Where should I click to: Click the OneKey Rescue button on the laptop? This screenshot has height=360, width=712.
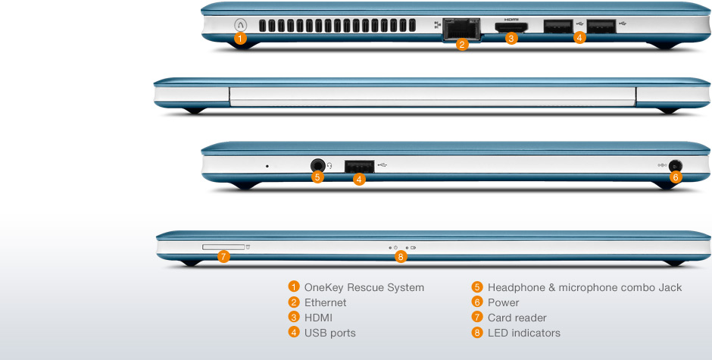click(x=240, y=24)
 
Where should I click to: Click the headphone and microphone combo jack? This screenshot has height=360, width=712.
click(x=318, y=164)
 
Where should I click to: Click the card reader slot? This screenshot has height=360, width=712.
click(x=223, y=246)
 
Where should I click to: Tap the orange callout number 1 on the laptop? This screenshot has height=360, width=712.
click(x=240, y=37)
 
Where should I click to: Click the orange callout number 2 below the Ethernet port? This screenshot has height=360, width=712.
click(x=462, y=44)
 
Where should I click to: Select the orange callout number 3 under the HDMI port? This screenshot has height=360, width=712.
click(x=511, y=38)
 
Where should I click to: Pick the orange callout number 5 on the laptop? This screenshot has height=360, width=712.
click(x=318, y=177)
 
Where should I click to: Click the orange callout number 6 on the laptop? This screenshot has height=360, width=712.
click(x=676, y=177)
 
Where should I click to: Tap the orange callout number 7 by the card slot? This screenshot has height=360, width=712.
click(x=223, y=257)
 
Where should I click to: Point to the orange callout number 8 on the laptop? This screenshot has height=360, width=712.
click(x=401, y=257)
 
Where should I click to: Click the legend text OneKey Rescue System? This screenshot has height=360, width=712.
click(x=364, y=287)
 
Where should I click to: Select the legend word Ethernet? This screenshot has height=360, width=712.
click(x=325, y=302)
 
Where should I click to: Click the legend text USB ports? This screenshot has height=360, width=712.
click(x=329, y=333)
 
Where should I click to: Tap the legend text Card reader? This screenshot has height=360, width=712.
click(x=517, y=318)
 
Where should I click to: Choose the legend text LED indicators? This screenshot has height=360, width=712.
click(x=524, y=333)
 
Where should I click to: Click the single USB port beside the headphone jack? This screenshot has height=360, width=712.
click(x=360, y=164)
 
